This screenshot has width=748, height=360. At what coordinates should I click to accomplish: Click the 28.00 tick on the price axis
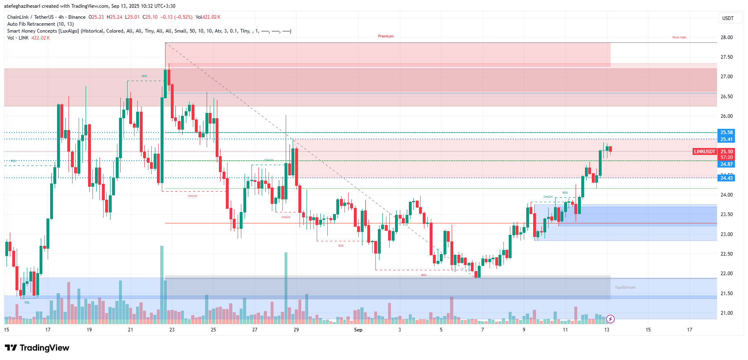726,38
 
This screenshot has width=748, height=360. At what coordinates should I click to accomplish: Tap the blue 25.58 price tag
726,133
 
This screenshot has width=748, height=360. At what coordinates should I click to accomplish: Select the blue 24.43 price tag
726,178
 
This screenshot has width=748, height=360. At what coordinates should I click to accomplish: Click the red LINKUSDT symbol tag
704,152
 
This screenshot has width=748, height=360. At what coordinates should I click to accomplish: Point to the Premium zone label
386,36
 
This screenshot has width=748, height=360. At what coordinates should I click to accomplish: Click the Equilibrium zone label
625,287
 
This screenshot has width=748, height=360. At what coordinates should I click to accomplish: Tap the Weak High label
679,38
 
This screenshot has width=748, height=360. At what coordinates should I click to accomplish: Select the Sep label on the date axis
358,330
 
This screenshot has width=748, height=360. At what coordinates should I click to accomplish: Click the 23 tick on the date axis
172,330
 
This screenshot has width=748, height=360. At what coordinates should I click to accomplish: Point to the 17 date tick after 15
689,330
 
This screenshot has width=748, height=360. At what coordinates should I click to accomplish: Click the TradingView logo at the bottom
37,348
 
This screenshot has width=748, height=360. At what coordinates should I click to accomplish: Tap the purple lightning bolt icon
610,319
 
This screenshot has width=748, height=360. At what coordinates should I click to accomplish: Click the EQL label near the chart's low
27,302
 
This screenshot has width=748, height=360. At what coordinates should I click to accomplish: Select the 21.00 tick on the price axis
726,313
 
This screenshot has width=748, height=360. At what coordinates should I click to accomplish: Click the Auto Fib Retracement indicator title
40,24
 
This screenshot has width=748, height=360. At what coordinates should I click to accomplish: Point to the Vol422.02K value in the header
208,17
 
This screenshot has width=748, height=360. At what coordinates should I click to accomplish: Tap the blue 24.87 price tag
726,164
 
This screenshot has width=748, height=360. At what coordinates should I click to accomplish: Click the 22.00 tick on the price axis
726,274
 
